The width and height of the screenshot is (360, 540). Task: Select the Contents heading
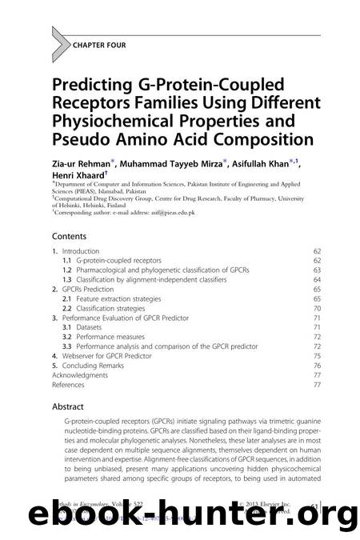[74, 237]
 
